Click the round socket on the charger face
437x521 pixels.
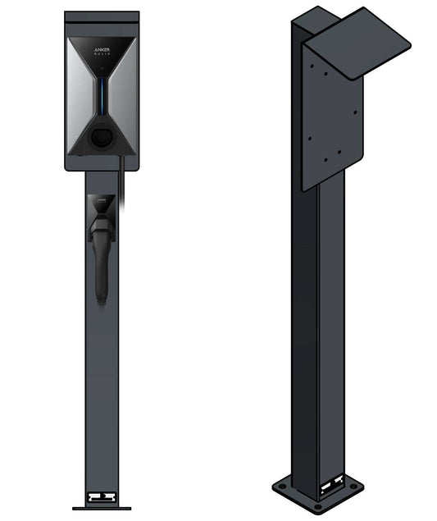click(x=102, y=136)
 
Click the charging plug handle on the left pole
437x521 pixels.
click(x=101, y=263)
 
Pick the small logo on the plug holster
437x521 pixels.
click(x=102, y=199)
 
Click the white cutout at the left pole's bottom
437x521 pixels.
click(x=102, y=497)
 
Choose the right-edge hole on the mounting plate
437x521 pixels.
click(x=356, y=112)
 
